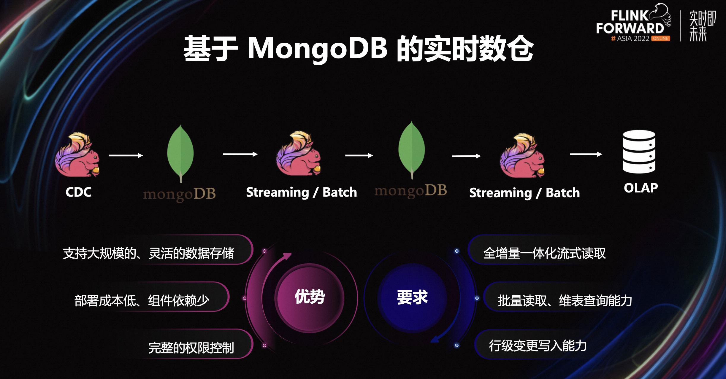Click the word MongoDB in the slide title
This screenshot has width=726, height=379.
tap(318, 48)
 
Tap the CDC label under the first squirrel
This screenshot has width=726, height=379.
tap(78, 192)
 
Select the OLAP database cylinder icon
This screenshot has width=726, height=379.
tap(639, 152)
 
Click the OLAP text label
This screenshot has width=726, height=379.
tap(641, 188)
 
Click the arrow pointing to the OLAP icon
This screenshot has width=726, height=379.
tap(586, 154)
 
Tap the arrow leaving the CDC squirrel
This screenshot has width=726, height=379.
tap(126, 155)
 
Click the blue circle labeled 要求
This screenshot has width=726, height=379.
tap(412, 297)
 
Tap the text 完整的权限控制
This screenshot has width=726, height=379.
tap(191, 348)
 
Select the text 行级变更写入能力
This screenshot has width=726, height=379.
tap(538, 346)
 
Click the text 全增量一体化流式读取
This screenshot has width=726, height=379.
tap(544, 253)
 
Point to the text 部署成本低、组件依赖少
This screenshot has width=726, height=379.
tap(142, 300)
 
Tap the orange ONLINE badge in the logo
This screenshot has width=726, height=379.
tap(660, 39)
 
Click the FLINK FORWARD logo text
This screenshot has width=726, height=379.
tap(630, 22)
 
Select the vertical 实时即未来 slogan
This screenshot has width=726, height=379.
tap(702, 26)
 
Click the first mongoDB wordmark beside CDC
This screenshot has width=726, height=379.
tap(179, 194)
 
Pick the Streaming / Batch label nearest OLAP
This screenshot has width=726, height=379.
tap(524, 193)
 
